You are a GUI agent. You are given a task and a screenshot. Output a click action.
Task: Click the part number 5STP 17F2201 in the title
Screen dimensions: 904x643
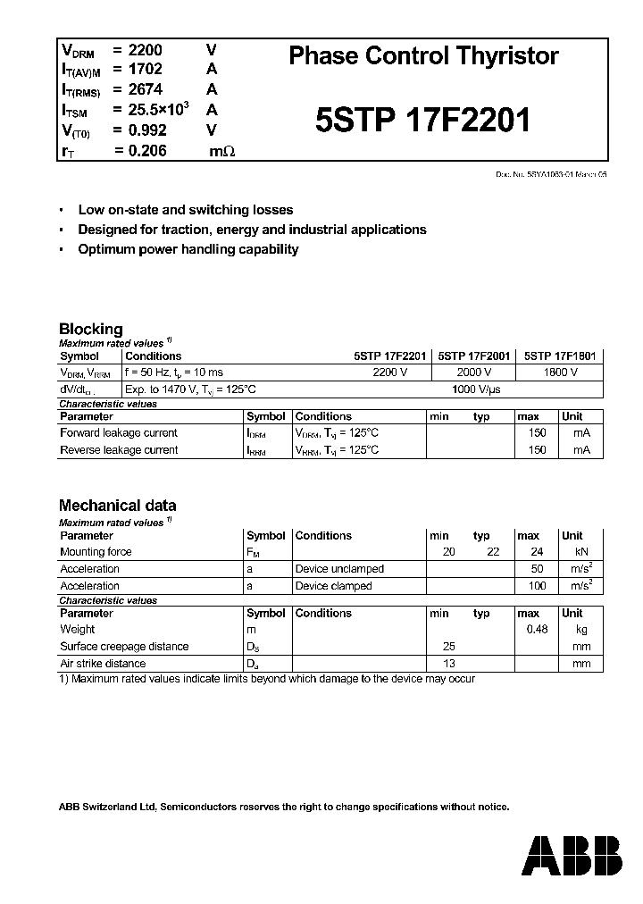click(423, 120)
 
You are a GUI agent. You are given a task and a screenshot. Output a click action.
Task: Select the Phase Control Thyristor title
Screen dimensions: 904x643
click(423, 56)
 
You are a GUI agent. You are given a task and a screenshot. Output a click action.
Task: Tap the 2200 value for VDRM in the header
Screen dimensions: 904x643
click(146, 49)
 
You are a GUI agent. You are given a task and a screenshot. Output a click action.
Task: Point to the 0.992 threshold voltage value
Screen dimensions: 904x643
click(147, 130)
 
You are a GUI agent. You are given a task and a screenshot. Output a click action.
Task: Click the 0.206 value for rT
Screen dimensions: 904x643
click(147, 151)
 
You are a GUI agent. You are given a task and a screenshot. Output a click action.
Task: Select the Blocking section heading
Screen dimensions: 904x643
click(90, 329)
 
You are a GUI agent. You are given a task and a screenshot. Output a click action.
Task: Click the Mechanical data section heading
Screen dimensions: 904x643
click(117, 506)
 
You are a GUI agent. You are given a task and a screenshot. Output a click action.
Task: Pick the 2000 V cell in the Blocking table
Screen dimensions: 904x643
click(474, 372)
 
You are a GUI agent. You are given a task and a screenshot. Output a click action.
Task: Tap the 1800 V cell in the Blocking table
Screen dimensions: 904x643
click(560, 372)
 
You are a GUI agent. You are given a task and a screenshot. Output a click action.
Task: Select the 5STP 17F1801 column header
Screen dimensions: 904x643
click(559, 356)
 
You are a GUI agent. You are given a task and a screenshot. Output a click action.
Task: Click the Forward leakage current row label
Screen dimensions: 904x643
click(118, 433)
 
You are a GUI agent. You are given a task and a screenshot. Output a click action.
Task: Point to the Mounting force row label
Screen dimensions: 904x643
click(96, 552)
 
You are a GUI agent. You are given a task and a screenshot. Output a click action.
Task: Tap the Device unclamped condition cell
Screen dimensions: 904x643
click(339, 569)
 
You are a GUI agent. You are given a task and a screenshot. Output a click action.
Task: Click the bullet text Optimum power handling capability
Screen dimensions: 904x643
click(188, 250)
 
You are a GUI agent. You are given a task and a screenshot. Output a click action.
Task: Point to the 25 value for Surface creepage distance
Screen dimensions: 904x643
click(448, 647)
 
